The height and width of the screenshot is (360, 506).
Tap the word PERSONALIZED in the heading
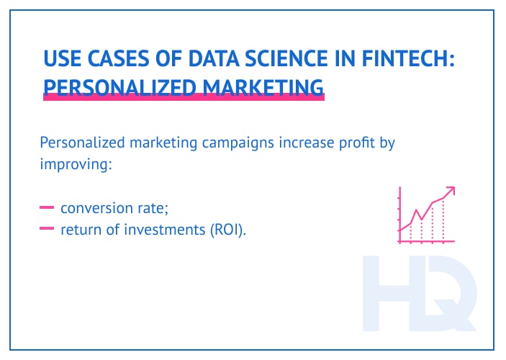[105, 86]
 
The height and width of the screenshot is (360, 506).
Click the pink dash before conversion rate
[48, 208]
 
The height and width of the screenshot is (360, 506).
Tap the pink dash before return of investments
[48, 230]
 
